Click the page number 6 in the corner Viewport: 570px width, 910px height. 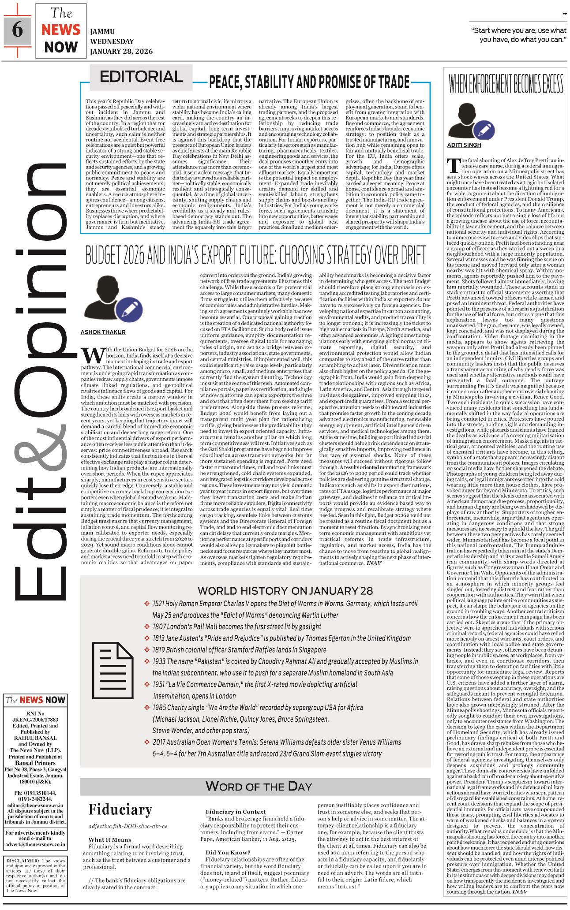tap(17, 30)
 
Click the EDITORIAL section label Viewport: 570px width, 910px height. tap(141, 77)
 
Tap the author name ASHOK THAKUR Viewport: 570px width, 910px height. tap(103, 332)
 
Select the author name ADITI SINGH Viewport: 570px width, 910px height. tap(464, 145)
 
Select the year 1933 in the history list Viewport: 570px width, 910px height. tap(160, 661)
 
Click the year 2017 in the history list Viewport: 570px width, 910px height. tap(160, 742)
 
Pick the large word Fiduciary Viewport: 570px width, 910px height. tap(120, 809)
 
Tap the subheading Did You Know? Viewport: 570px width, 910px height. tap(228, 852)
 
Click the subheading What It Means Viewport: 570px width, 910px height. tap(110, 839)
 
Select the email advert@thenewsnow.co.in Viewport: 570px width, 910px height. tap(35, 845)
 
